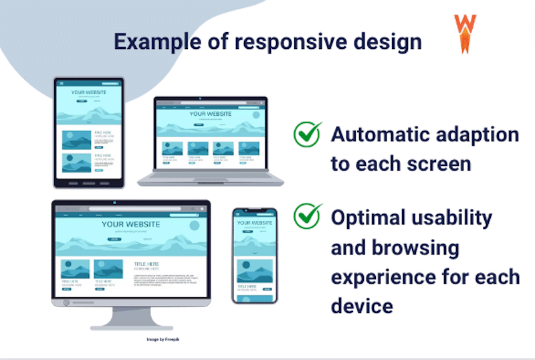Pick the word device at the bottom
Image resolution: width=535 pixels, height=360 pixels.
point(360,306)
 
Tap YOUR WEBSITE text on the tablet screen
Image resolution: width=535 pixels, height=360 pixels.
point(89,92)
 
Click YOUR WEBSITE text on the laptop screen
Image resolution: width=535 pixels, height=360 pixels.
point(210,114)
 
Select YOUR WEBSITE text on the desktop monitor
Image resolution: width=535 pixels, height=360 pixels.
point(131,224)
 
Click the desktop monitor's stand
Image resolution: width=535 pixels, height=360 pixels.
point(131,319)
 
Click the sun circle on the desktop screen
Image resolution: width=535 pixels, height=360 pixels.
point(194,226)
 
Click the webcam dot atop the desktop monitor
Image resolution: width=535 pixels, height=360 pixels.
point(114,202)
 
